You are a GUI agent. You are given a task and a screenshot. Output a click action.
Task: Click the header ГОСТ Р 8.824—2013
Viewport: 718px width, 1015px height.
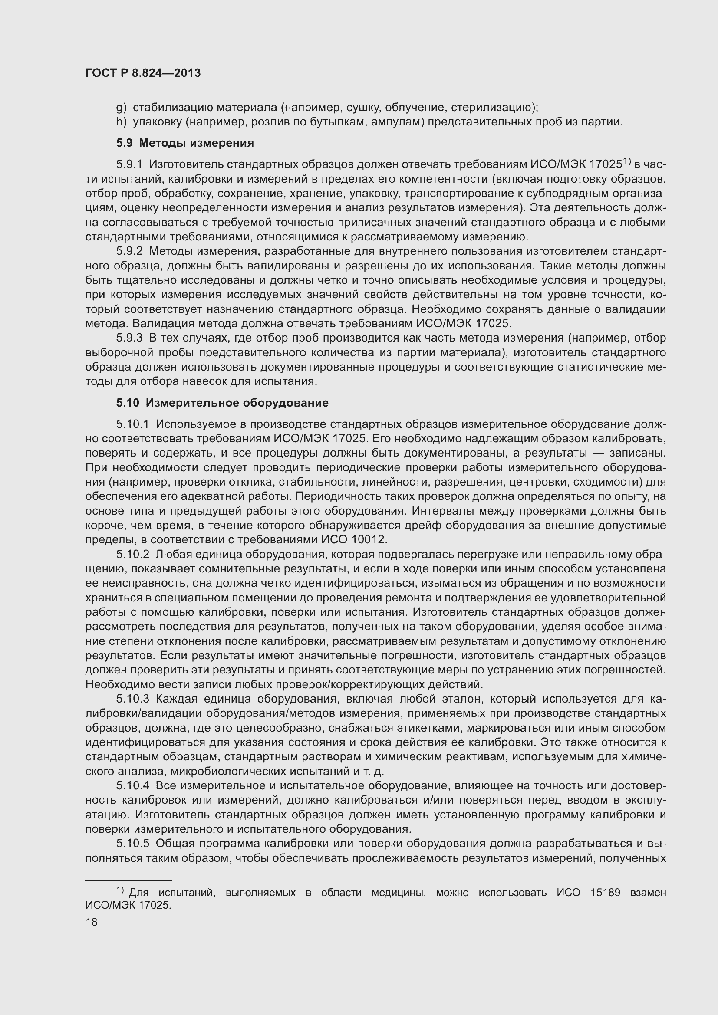click(143, 73)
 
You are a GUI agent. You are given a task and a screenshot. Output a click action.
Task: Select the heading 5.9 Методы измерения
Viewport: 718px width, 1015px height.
click(185, 143)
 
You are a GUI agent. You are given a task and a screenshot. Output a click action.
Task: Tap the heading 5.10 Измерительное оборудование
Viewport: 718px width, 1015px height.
click(222, 403)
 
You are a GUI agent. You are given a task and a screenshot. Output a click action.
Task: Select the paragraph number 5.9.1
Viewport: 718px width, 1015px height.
click(129, 164)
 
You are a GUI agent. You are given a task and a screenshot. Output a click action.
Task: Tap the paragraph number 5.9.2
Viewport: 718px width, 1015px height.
click(129, 251)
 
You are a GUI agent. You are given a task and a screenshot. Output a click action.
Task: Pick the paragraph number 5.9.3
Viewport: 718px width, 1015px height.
click(129, 338)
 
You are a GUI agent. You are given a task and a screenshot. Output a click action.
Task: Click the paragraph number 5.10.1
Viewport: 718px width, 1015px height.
click(133, 424)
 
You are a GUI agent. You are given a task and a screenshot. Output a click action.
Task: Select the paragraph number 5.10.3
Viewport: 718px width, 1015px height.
click(133, 699)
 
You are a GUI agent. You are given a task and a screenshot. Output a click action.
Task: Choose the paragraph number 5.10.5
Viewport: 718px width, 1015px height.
click(133, 844)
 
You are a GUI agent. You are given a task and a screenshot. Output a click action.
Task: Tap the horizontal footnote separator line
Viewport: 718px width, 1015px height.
click(128, 880)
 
